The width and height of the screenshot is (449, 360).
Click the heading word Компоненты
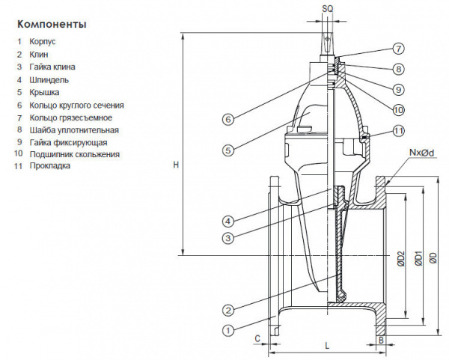click(x=52, y=24)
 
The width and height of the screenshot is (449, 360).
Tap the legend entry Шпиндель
click(x=50, y=79)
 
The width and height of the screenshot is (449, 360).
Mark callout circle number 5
click(x=227, y=150)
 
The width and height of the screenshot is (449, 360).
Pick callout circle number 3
click(x=227, y=238)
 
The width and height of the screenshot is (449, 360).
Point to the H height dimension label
click(x=175, y=165)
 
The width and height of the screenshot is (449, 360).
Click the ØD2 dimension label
click(x=401, y=257)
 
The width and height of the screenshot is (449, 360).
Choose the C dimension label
click(x=257, y=339)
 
